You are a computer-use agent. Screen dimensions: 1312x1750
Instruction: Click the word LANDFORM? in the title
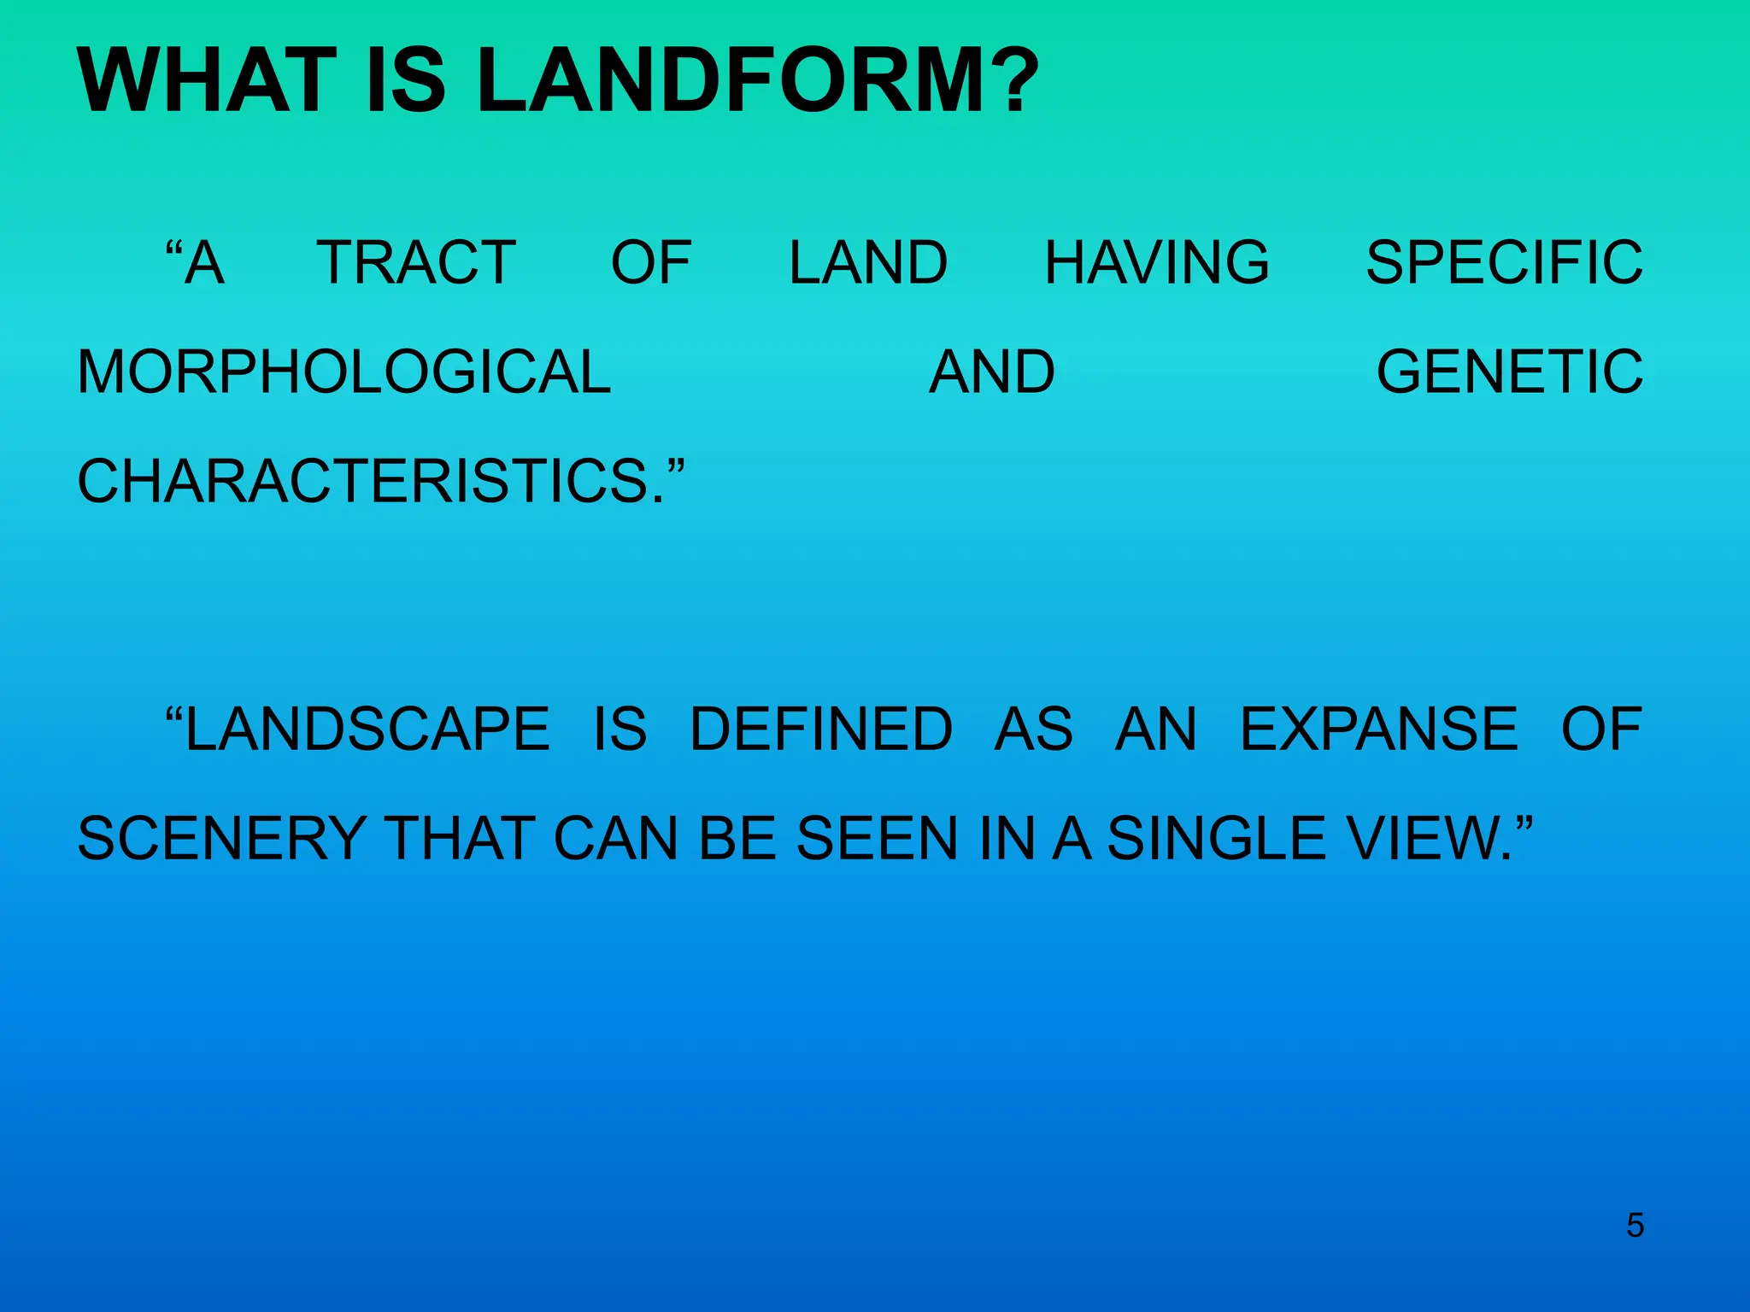[x=756, y=80]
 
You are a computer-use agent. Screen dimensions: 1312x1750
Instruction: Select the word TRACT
[x=416, y=262]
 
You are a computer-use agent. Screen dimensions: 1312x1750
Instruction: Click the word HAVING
[x=1157, y=262]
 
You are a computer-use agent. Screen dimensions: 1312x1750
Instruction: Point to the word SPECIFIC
[x=1504, y=262]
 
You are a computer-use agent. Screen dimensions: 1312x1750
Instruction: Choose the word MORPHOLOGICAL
[x=344, y=372]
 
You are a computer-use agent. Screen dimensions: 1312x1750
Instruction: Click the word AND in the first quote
[x=992, y=372]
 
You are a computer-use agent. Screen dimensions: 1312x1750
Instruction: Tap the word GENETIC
[x=1510, y=372]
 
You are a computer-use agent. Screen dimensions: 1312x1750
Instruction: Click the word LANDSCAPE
[x=367, y=729]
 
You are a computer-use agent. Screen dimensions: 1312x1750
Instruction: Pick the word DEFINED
[x=820, y=729]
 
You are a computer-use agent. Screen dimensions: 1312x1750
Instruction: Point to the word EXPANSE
[x=1379, y=729]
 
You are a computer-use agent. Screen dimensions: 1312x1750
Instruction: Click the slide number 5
[x=1635, y=1226]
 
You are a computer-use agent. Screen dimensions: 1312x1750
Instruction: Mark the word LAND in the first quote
[x=867, y=262]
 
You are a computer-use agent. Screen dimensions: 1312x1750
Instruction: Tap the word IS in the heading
[x=405, y=80]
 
